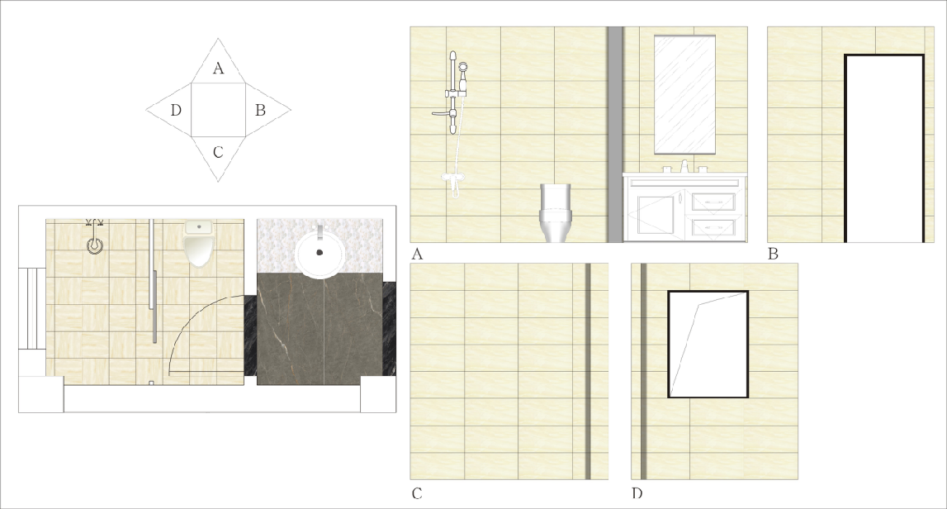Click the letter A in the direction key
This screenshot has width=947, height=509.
coord(218,69)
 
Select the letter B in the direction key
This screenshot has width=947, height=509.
coord(260,110)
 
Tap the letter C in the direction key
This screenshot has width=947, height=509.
coord(218,152)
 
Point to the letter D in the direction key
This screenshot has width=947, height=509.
coord(176,110)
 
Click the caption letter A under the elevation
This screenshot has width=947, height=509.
coord(417,254)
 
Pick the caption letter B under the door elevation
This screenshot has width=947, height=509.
coord(773,254)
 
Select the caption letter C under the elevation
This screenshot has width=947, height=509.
coord(417,494)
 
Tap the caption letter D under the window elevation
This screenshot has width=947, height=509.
coord(637,494)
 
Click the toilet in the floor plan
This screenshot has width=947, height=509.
coord(199,243)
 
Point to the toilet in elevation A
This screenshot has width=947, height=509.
coord(555,213)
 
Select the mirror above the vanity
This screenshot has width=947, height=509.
coord(685,94)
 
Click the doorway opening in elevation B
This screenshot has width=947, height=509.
coord(884,149)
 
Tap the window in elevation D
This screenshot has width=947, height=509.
coord(708,344)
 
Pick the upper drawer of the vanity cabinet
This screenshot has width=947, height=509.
coord(714,202)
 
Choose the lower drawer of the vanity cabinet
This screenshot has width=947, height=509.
coord(714,227)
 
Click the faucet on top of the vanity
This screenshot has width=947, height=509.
coord(684,166)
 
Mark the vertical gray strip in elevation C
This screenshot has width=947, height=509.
coord(588,371)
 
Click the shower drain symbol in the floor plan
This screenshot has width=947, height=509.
coord(95,246)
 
